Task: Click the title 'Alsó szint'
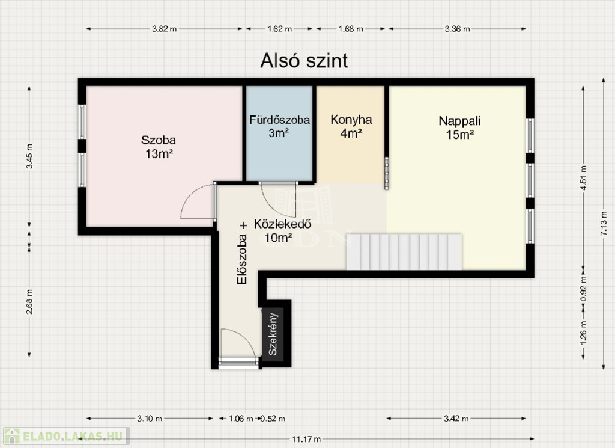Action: pyautogui.click(x=304, y=61)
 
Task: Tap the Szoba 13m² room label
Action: pyautogui.click(x=159, y=147)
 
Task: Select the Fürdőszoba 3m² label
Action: pyautogui.click(x=279, y=126)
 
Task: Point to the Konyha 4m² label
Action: pyautogui.click(x=351, y=126)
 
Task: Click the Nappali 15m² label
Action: pyautogui.click(x=459, y=127)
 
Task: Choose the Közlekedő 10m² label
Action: pyautogui.click(x=282, y=230)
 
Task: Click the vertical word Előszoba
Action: pyautogui.click(x=242, y=259)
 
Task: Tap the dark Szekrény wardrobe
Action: pyautogui.click(x=276, y=333)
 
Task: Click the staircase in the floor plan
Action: pyautogui.click(x=404, y=252)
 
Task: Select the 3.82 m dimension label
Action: pyautogui.click(x=165, y=29)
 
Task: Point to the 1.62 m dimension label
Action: pyautogui.click(x=280, y=29)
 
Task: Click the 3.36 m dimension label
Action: pyautogui.click(x=457, y=29)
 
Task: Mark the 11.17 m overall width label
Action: pyautogui.click(x=306, y=439)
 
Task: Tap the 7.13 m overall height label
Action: pyautogui.click(x=604, y=224)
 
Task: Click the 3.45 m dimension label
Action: pyautogui.click(x=29, y=156)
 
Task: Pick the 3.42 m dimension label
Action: pyautogui.click(x=456, y=418)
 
